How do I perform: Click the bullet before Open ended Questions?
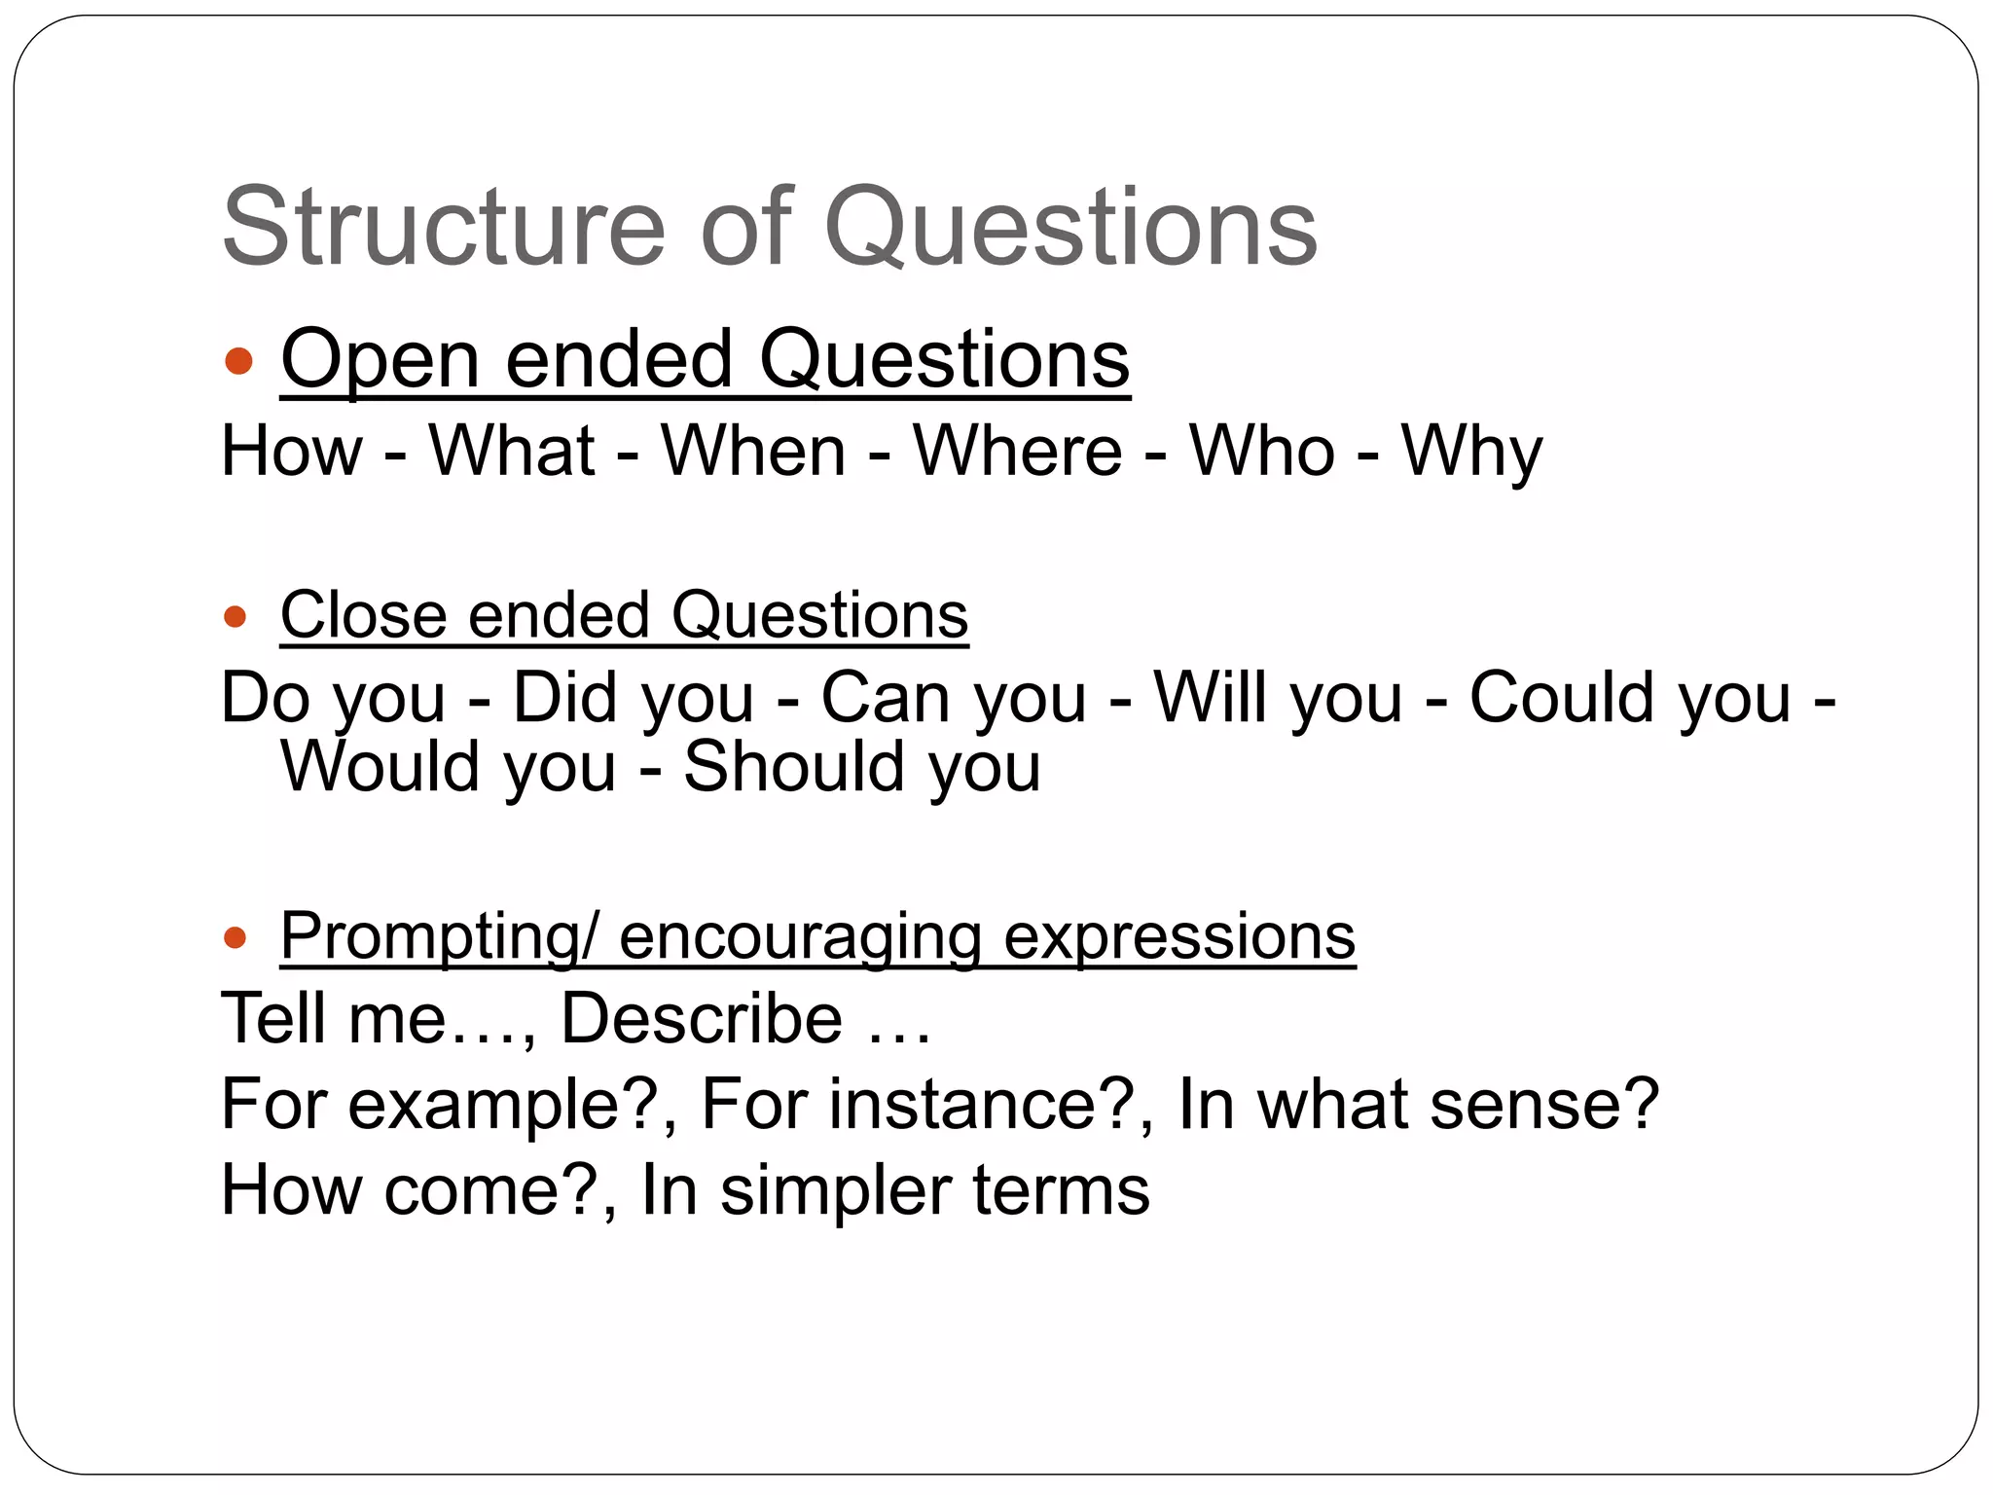237,362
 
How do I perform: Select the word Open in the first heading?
380,360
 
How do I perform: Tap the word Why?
1471,453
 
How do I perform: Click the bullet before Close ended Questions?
235,616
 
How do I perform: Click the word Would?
380,767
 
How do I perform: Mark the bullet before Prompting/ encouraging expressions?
235,937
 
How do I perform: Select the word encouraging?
800,937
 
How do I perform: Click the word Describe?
702,1019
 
